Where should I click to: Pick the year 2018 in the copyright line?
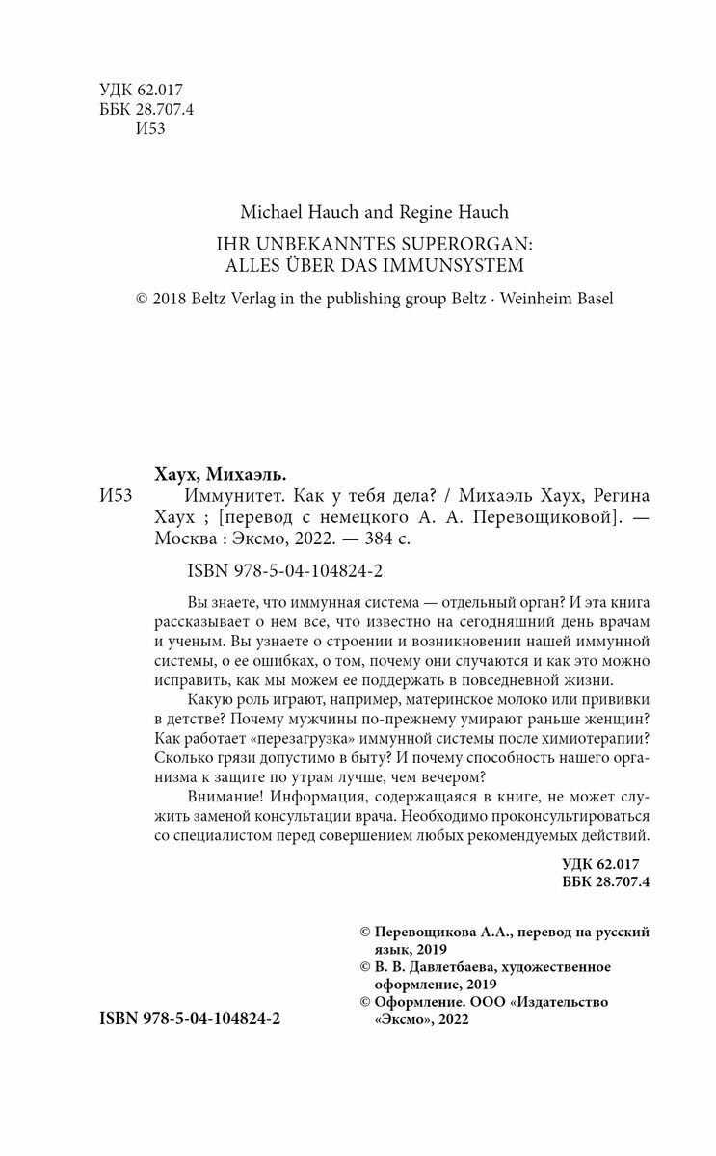pos(172,299)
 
